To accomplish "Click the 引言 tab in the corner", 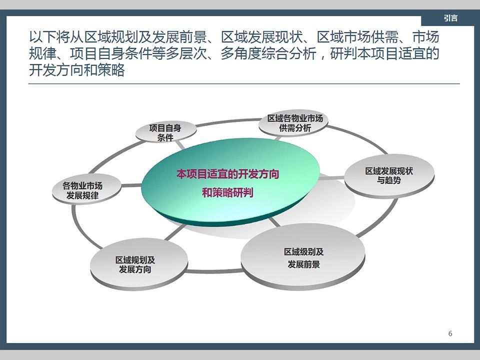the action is [450, 18].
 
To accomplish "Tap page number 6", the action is [450, 333].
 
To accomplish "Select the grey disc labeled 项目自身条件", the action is [165, 132].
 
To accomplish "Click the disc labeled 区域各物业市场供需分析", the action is [294, 123].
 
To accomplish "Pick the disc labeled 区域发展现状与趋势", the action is [389, 175].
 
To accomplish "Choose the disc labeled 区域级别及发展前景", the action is [303, 257].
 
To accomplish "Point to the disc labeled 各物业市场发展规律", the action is [86, 189].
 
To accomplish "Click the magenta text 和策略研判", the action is [227, 192].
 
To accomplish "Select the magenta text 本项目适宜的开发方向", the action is [228, 174].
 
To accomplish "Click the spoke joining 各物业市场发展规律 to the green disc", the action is [131, 185].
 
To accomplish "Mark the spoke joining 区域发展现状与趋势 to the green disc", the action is [332, 178].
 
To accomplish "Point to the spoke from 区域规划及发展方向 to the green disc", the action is [175, 232].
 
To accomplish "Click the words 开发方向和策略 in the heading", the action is [77, 70].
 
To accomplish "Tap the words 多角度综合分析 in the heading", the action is [268, 53].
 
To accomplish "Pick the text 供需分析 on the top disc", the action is [295, 128].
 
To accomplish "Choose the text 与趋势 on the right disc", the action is [389, 180].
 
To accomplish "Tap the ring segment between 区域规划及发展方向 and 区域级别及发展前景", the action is [214, 271].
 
